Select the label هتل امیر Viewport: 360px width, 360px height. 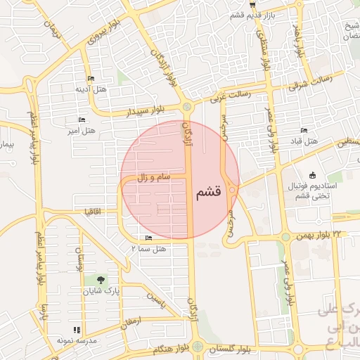(x=81, y=130)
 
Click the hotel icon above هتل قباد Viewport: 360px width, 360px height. (x=304, y=130)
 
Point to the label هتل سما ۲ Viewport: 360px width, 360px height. (x=148, y=247)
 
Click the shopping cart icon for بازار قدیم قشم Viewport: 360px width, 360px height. (x=243, y=4)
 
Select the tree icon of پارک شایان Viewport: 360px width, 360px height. (x=101, y=279)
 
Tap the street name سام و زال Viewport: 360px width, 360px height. (x=154, y=179)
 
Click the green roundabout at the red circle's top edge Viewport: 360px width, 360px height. (x=187, y=108)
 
